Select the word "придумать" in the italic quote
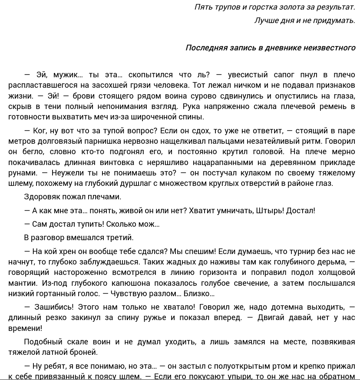(334, 20)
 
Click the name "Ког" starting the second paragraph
(40, 131)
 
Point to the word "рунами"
(22, 173)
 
